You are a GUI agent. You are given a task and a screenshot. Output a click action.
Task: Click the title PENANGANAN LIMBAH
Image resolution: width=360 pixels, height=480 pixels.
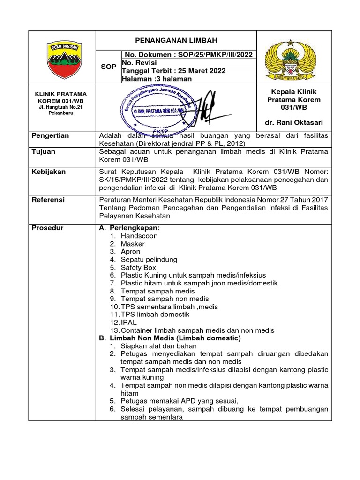pos(176,41)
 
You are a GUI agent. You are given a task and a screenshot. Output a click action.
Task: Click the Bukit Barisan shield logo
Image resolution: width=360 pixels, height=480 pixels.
pos(62,60)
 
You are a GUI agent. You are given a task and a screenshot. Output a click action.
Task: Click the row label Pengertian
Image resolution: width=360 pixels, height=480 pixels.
pos(50,135)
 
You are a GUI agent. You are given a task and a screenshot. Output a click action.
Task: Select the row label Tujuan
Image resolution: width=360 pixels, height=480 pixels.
pos(43,152)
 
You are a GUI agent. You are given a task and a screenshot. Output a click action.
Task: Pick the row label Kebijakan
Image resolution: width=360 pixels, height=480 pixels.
pos(48,172)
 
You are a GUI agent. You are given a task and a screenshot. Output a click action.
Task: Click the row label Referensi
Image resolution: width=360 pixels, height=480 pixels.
pos(48,200)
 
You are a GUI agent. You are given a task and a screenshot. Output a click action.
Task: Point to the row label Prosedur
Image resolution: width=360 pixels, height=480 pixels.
pos(47,228)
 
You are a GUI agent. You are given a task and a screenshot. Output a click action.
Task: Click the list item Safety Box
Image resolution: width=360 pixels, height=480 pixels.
pos(138,267)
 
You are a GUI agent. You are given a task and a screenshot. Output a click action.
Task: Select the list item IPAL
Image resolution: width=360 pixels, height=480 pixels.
pos(129,322)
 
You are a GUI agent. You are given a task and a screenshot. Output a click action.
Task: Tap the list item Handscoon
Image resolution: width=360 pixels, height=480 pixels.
pos(139,236)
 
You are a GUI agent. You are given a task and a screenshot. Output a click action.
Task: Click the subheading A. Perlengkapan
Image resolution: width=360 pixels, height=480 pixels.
pos(129,228)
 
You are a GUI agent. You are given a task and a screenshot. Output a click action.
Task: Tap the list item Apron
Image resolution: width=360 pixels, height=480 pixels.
pos(130,252)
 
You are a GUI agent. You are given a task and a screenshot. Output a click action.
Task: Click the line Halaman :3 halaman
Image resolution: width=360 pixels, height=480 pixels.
pos(156,79)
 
